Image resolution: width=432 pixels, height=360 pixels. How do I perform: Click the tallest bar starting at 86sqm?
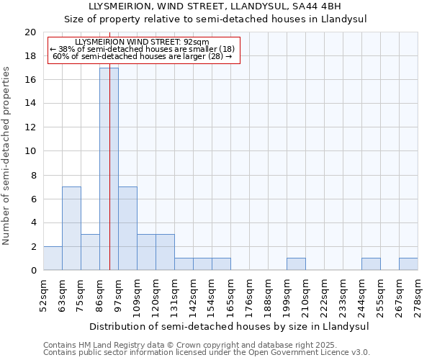click(x=109, y=169)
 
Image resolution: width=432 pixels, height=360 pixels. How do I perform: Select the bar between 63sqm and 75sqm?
click(x=71, y=228)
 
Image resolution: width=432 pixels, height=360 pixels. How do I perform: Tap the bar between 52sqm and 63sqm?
click(x=53, y=258)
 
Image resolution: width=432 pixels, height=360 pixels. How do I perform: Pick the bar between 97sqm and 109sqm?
click(x=127, y=228)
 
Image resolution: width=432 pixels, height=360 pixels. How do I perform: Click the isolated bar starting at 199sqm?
click(x=296, y=264)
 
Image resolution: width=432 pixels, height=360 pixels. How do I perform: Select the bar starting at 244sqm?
click(x=371, y=264)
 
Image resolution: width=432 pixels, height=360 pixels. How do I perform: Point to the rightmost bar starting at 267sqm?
click(x=408, y=264)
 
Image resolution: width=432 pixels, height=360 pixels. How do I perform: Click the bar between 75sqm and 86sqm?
click(x=90, y=252)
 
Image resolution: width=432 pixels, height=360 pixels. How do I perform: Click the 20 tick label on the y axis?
click(x=30, y=32)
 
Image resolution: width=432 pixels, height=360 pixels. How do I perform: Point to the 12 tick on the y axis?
click(x=30, y=127)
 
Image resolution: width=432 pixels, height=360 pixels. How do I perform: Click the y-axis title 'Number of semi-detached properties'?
click(x=7, y=156)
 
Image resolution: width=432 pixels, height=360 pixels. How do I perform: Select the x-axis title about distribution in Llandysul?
click(x=230, y=326)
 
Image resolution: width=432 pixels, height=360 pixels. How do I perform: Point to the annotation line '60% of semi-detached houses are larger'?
click(x=143, y=55)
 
